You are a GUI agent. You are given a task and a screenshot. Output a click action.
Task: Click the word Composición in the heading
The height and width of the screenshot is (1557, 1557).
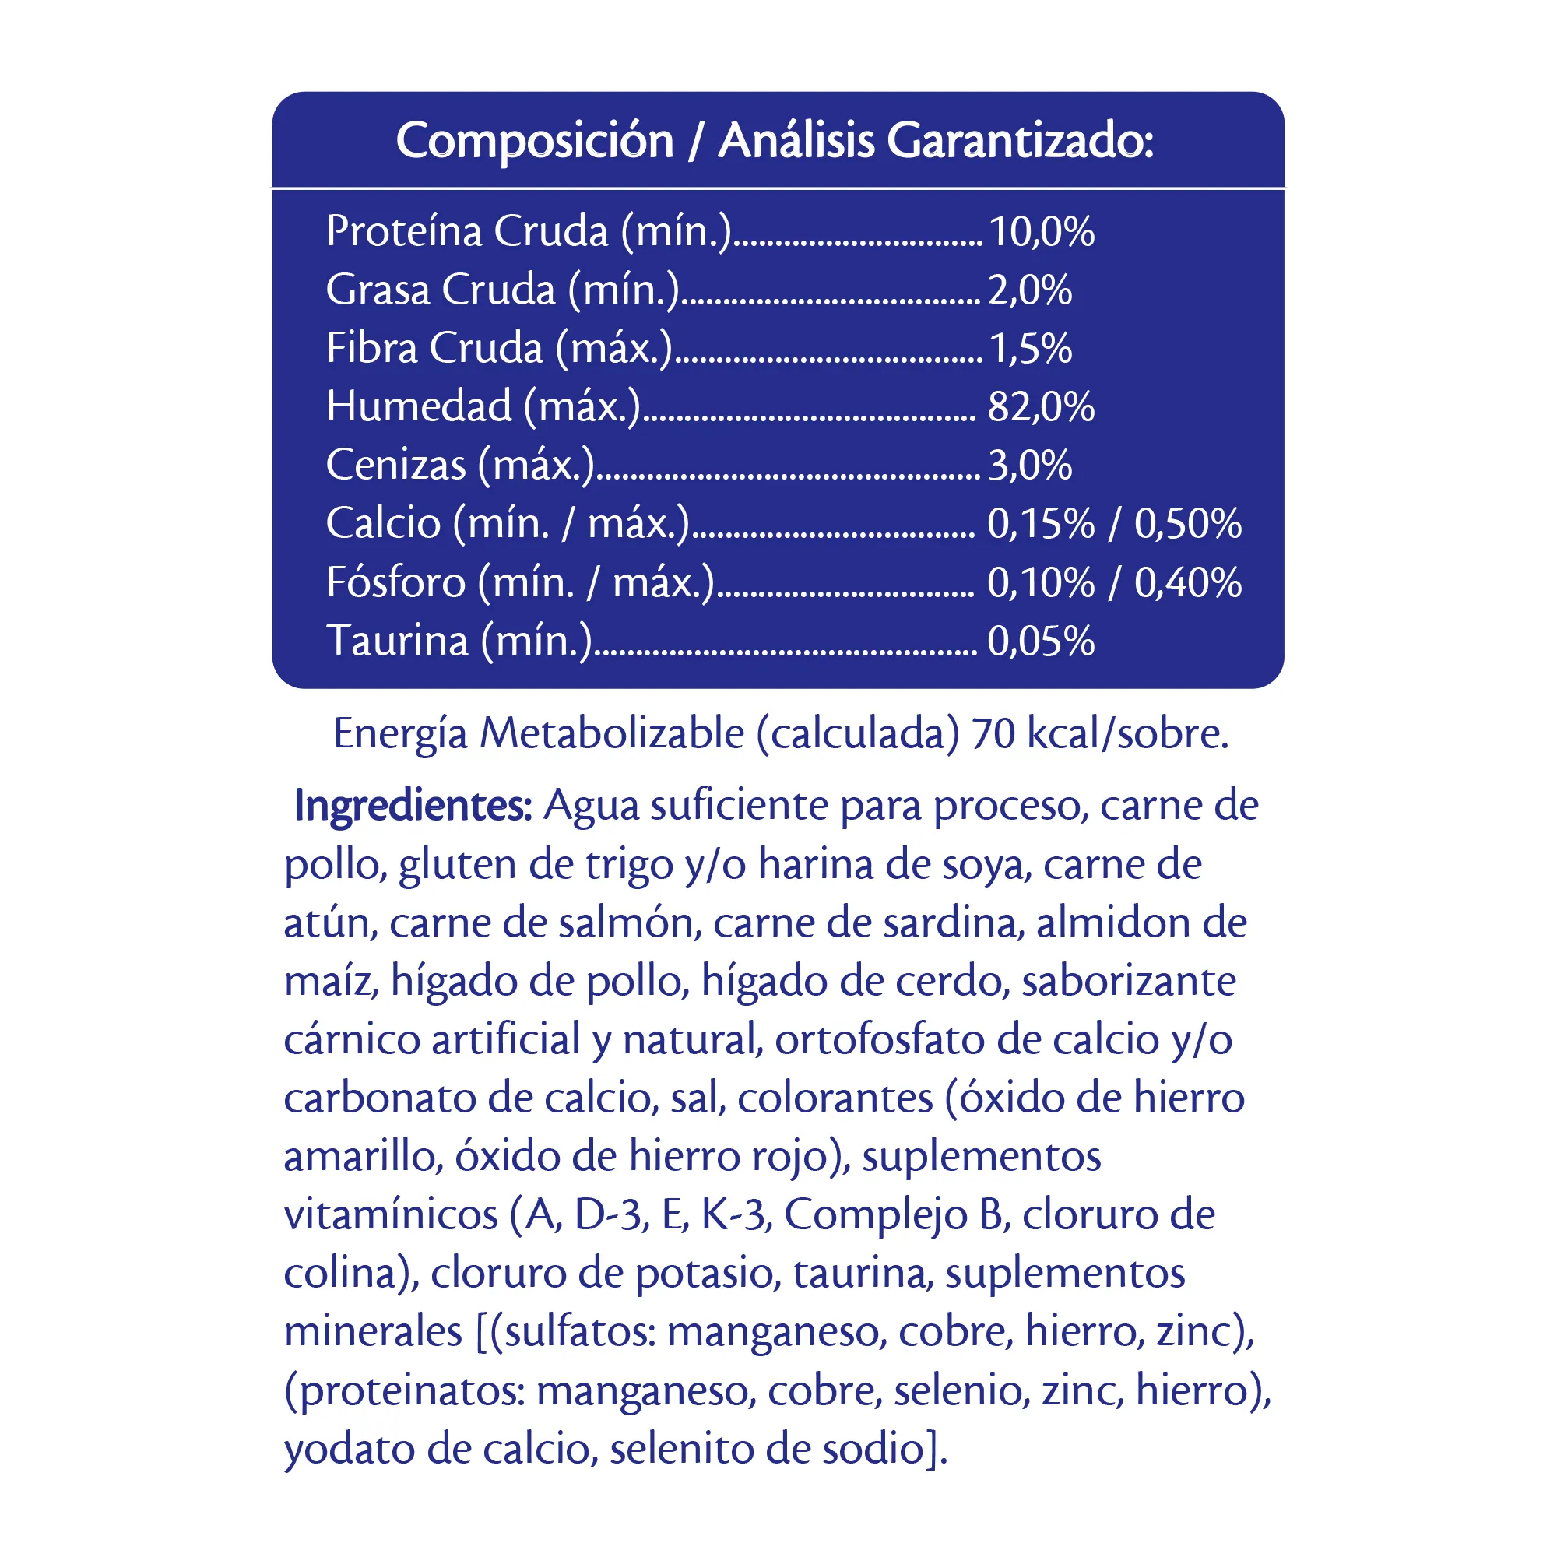534,141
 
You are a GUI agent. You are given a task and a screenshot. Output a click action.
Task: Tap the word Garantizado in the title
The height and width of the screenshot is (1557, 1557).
1021,141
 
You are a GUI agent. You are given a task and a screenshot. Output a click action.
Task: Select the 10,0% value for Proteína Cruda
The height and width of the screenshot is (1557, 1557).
1041,232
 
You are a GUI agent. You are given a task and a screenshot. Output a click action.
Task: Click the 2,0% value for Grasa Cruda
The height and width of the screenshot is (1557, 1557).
1030,290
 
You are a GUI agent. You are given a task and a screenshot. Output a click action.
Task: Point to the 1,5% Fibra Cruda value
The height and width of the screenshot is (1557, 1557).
1030,349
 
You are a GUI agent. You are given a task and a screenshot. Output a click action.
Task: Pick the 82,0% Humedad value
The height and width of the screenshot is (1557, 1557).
1040,407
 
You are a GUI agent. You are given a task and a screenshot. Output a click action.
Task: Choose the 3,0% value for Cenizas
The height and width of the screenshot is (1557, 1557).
1030,466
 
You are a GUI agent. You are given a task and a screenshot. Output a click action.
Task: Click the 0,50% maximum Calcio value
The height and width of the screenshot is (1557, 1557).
1188,524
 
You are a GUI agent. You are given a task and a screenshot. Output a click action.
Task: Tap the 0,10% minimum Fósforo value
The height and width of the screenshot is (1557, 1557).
1040,582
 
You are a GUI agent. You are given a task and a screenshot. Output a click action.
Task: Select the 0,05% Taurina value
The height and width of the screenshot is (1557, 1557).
1040,641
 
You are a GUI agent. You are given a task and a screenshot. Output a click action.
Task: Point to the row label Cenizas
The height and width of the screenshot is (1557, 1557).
395,465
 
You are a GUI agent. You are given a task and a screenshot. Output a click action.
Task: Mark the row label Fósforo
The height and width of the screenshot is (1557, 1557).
395,582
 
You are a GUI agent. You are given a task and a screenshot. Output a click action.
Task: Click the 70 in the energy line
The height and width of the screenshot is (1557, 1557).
993,734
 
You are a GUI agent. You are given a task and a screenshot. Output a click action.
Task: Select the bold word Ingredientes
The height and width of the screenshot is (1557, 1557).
413,805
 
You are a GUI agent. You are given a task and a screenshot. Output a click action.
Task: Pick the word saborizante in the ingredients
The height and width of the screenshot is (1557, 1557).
1128,982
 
